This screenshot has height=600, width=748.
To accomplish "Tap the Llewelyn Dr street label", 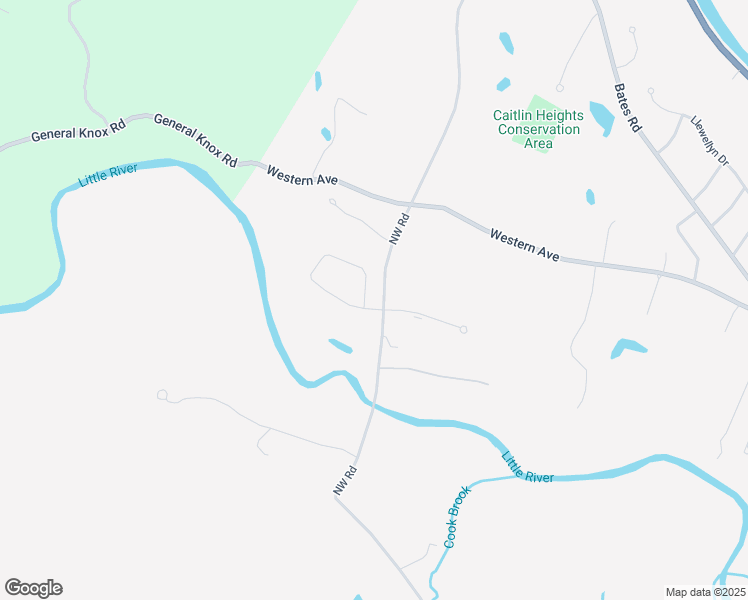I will pyautogui.click(x=710, y=140).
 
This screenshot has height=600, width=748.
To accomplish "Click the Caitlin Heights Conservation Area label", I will pyautogui.click(x=538, y=129).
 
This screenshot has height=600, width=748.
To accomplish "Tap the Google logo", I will pyautogui.click(x=33, y=588).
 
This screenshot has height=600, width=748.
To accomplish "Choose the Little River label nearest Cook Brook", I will pyautogui.click(x=527, y=468).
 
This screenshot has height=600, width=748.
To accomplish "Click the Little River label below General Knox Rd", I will pyautogui.click(x=107, y=177).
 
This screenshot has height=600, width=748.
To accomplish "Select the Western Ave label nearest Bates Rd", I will pyautogui.click(x=524, y=244).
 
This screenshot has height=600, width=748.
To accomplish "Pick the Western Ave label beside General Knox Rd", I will pyautogui.click(x=302, y=179).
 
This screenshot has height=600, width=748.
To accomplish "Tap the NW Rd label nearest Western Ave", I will pyautogui.click(x=400, y=228).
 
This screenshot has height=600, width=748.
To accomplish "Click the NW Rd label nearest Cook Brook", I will pyautogui.click(x=345, y=481).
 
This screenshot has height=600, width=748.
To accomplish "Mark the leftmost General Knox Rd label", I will pyautogui.click(x=78, y=131).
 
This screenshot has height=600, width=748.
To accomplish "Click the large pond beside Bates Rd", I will pyautogui.click(x=601, y=117).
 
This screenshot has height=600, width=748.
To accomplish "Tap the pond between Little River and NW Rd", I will pyautogui.click(x=340, y=346).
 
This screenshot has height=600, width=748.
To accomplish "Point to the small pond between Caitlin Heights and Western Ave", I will pyautogui.click(x=590, y=196).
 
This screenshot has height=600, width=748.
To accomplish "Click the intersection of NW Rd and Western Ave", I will pyautogui.click(x=412, y=204).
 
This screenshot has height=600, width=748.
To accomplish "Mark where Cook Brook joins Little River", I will pyautogui.click(x=521, y=478).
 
